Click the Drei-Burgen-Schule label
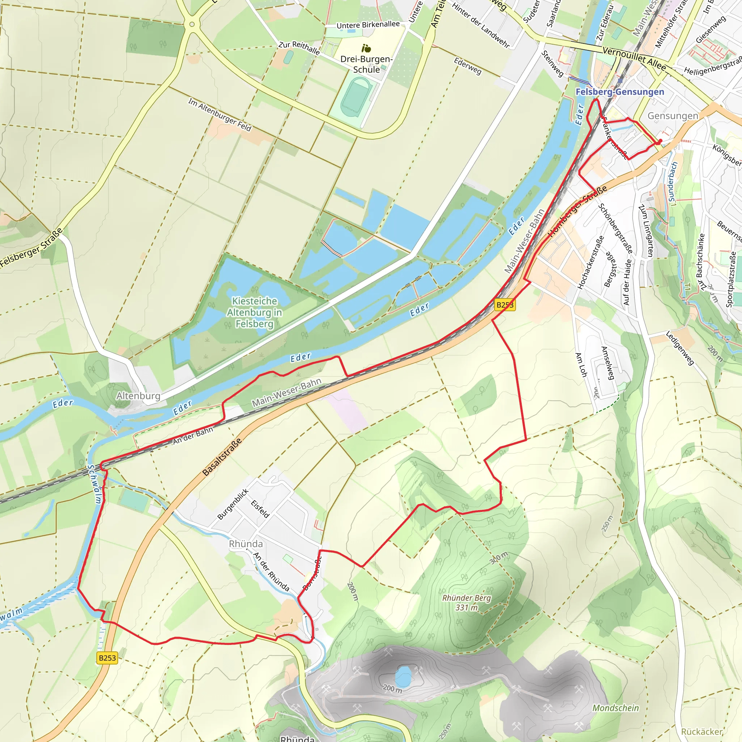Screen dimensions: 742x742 pyautogui.click(x=366, y=64)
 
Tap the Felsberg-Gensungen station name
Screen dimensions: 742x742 pyautogui.click(x=620, y=92)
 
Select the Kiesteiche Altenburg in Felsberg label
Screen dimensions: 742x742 pyautogui.click(x=254, y=312)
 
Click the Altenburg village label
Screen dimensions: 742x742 pyautogui.click(x=138, y=396)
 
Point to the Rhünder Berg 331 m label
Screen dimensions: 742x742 pyautogui.click(x=466, y=603)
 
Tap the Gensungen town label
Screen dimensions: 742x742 pyautogui.click(x=672, y=116)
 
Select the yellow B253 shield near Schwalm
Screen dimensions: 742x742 pyautogui.click(x=107, y=658)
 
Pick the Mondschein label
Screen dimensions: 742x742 pyautogui.click(x=616, y=708)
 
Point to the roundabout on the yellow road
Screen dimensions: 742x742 pyautogui.click(x=192, y=25)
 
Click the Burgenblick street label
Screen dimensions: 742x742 pyautogui.click(x=233, y=504)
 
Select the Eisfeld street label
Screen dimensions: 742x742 pyautogui.click(x=260, y=509)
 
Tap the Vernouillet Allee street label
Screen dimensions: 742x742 pyautogui.click(x=634, y=58)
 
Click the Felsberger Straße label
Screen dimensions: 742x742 pyautogui.click(x=32, y=248)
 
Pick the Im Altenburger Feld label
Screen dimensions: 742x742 pyautogui.click(x=219, y=114)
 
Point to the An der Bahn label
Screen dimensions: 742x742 pyautogui.click(x=192, y=436)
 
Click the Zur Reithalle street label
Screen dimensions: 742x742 pyautogui.click(x=299, y=47)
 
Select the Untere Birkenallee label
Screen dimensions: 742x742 pyautogui.click(x=368, y=25)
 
